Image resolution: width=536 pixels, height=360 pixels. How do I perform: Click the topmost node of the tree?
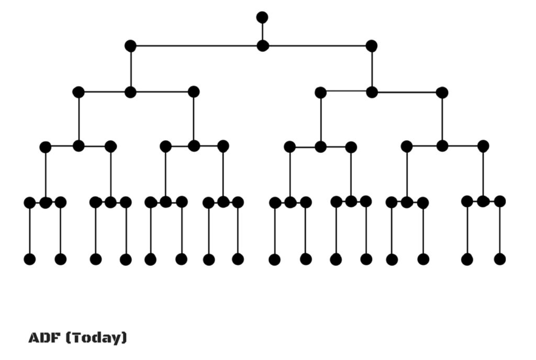point(262,17)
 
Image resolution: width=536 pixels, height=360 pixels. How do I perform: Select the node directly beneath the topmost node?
point(263,46)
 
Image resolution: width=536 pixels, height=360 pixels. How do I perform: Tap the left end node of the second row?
point(130,46)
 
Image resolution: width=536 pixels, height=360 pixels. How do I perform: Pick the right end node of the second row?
point(372,46)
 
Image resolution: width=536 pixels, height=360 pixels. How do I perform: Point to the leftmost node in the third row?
point(79,93)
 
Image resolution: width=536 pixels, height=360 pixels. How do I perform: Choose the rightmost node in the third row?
point(442,93)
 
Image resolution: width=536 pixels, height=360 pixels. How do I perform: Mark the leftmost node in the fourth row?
point(46,147)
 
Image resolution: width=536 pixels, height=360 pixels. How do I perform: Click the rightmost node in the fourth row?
point(483,146)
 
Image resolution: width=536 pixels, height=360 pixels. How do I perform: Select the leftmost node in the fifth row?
point(29,203)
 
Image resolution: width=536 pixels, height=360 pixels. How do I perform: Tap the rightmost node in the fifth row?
point(500,201)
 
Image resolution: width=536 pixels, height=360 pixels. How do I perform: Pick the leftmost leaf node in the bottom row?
point(29,259)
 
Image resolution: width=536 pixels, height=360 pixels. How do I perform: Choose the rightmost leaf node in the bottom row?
point(500,259)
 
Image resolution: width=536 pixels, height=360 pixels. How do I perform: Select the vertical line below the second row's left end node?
point(130,69)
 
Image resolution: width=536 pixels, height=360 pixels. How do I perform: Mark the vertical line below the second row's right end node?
point(372,69)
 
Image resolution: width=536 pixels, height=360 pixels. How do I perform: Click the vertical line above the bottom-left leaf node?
point(29,231)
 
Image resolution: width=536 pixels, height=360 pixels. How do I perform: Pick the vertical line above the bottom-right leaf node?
point(500,230)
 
